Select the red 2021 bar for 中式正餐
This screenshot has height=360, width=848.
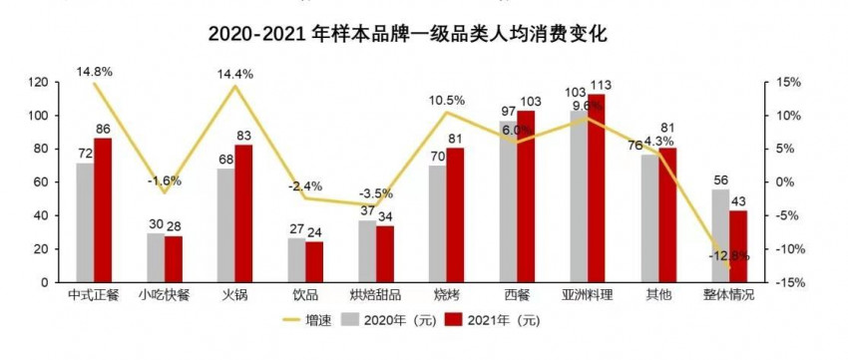102,210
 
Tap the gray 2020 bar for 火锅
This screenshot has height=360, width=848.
226,225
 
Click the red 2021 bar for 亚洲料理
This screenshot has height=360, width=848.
597,188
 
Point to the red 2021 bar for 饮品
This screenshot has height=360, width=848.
314,262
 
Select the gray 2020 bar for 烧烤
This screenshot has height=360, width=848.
437,223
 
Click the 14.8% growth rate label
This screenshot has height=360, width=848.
93,72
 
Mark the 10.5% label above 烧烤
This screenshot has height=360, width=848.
446,100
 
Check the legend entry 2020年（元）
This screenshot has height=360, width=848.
391,320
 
